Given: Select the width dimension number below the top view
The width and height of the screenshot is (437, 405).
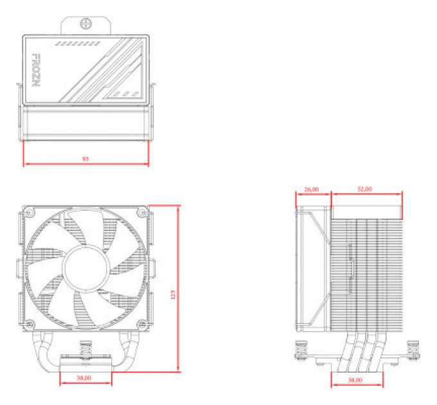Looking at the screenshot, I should click(85, 158).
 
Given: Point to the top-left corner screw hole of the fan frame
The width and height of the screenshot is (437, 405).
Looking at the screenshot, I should click(28, 213).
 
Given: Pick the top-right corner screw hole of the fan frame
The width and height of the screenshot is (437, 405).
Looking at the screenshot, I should click(142, 213).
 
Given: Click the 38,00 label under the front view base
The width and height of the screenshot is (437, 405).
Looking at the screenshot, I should click(84, 378).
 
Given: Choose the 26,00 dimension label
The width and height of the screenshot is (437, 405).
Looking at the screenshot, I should click(312, 190).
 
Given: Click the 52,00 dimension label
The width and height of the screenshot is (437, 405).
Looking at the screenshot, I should click(364, 190).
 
